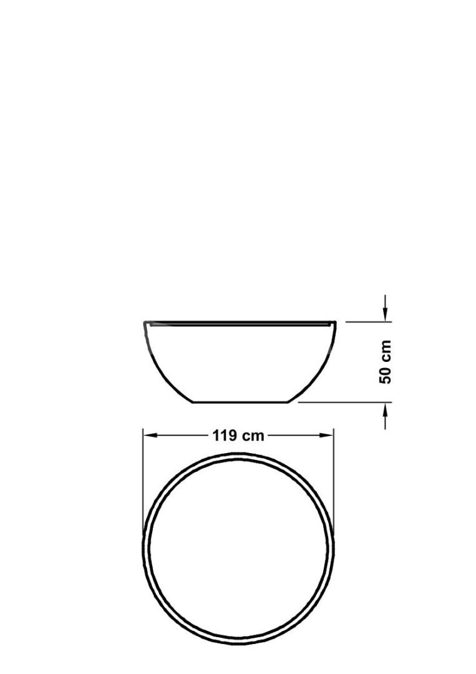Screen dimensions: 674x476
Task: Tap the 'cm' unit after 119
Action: tap(253, 436)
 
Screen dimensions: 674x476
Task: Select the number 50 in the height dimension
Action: tap(386, 374)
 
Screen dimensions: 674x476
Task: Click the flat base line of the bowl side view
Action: tap(240, 403)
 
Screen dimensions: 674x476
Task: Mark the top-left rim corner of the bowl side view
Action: tap(145, 322)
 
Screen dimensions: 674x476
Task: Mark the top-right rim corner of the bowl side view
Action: tap(336, 322)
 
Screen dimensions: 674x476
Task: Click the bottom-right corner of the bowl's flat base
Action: tap(288, 403)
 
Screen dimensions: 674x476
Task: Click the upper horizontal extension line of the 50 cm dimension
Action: tap(368, 322)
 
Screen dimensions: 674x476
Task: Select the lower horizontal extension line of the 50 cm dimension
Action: tap(343, 403)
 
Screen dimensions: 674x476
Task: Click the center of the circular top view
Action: tap(239, 548)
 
